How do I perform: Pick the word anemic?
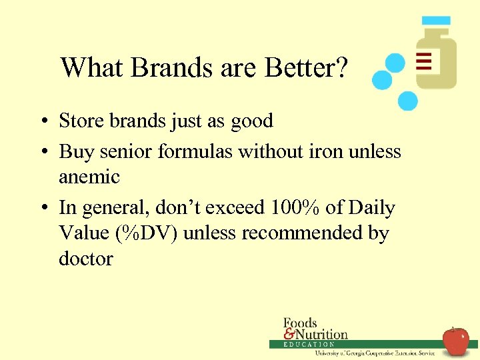coord(89,177)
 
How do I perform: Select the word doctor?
coord(86,259)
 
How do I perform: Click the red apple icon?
coord(456,341)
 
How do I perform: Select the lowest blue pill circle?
coord(407,101)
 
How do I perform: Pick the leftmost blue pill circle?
coord(382,81)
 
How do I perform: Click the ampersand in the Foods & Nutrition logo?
coord(289,333)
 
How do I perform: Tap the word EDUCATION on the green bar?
coord(309,345)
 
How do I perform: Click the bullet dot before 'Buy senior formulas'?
coord(42,153)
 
